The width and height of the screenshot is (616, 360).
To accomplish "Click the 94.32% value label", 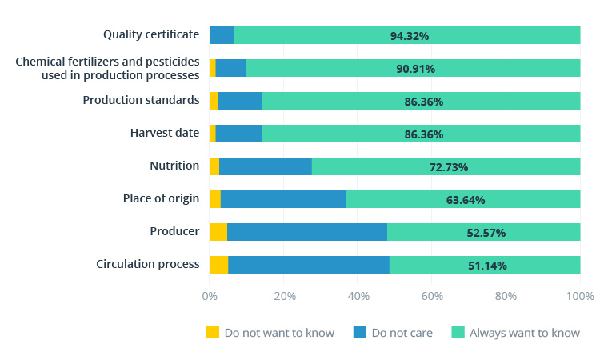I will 410,36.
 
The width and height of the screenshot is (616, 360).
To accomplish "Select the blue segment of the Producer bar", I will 306,232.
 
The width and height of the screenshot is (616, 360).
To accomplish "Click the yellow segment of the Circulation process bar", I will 218,265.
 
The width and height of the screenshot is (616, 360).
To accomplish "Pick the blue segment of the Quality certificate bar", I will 222,35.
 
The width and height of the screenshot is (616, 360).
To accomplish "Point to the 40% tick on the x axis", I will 358,296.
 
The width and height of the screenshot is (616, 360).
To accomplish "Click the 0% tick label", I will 210,296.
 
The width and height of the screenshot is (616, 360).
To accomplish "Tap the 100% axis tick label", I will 579,296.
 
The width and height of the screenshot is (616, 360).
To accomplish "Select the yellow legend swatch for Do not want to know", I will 212,332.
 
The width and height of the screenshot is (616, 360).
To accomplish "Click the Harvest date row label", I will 164,133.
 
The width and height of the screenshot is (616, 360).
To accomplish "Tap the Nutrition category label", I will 174,166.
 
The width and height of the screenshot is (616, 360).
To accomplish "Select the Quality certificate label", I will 151,34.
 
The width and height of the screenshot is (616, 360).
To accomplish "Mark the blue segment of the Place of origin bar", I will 283,199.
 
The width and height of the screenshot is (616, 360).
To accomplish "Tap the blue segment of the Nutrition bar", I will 265,166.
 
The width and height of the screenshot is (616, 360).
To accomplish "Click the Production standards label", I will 141,100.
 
